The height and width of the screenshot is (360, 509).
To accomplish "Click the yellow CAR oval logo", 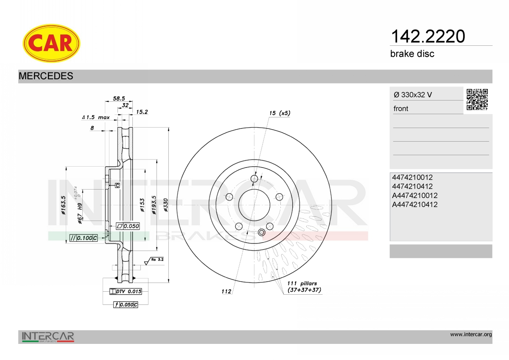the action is (x=51, y=43).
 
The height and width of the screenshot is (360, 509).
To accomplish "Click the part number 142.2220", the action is (x=428, y=36).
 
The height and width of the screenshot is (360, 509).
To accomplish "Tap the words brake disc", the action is (x=412, y=54).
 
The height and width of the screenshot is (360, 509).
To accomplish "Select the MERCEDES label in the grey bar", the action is (x=46, y=76).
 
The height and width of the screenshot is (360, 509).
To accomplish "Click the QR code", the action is (x=477, y=100).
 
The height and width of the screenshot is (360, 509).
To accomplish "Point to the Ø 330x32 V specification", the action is (x=413, y=95).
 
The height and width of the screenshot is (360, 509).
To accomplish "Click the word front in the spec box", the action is (x=401, y=109).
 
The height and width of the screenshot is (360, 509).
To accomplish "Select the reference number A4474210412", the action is (x=415, y=204).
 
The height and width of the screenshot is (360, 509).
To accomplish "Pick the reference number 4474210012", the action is (x=412, y=177).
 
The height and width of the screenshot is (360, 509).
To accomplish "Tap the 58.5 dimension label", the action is (x=119, y=98).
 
